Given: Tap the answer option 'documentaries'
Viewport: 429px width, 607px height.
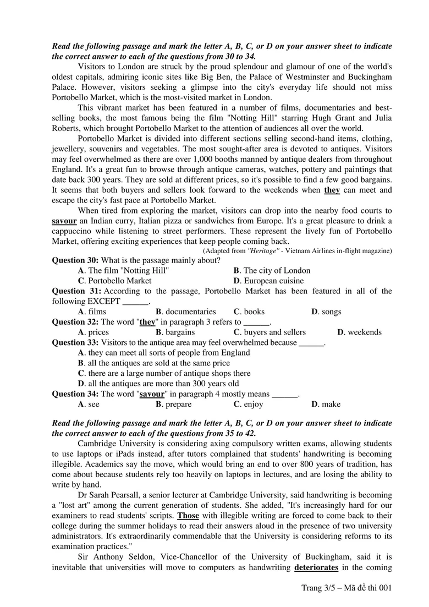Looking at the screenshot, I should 186,311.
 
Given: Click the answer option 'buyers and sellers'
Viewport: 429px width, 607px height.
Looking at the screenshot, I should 269,332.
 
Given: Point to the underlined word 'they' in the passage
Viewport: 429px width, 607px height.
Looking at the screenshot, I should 332,190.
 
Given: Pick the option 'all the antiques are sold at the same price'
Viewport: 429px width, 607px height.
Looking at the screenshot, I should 153,363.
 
